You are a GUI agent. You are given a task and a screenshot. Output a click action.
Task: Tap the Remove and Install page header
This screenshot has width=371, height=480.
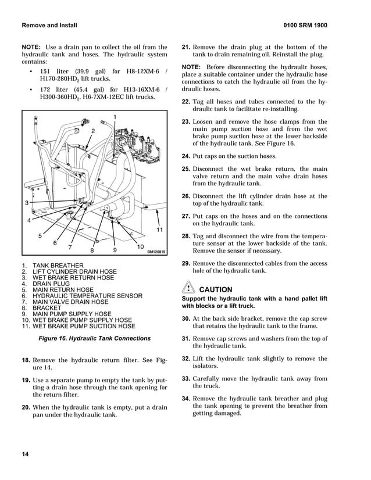coord(49,26)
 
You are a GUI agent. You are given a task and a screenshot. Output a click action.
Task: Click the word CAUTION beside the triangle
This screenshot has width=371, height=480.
coord(215,289)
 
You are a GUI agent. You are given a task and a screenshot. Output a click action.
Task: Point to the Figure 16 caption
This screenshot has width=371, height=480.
coord(94,338)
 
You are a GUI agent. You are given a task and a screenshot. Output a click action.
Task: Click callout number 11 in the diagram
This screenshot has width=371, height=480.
coord(159,231)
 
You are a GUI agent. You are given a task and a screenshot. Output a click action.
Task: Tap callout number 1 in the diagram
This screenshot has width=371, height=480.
coord(115,118)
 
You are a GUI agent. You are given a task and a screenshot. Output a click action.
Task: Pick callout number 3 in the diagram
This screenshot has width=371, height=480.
coord(27,203)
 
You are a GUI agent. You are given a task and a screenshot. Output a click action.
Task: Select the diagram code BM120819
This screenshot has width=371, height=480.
coord(156,252)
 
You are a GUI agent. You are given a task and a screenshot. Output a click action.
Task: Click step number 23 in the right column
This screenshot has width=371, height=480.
coord(186,122)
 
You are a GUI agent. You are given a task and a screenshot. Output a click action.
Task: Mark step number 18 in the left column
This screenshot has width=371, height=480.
coord(26,360)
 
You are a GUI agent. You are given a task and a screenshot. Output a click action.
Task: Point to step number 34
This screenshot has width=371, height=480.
coord(186,398)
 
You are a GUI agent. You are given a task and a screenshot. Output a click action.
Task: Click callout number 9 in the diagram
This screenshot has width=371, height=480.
coord(115,250)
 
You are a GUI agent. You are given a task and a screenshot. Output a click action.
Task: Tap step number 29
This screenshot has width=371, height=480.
coord(186,263)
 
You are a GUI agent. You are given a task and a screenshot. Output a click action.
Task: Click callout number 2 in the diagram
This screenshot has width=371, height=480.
coord(92,132)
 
